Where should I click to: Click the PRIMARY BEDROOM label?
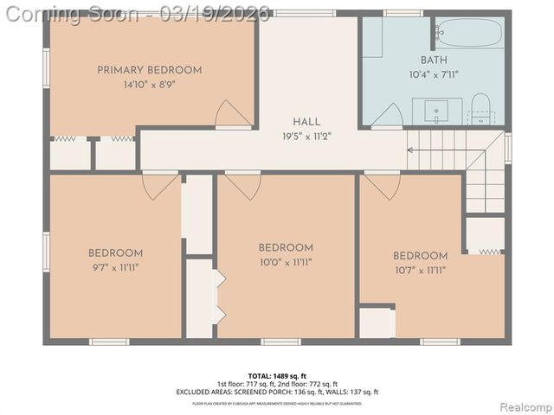[149, 70]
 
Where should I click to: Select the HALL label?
[306, 122]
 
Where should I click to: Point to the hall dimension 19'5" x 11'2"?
[306, 136]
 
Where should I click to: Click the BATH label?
[434, 61]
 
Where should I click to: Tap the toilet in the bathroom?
[480, 111]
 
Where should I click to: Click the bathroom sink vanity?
[437, 112]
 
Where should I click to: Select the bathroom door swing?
[387, 117]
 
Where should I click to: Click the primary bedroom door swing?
[233, 114]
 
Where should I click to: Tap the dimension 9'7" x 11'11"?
[115, 267]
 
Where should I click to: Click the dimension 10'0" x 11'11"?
[285, 261]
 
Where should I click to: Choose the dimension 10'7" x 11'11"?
[420, 270]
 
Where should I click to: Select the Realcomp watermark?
[523, 406]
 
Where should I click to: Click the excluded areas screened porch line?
[277, 391]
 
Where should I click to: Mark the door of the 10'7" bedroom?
[382, 184]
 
